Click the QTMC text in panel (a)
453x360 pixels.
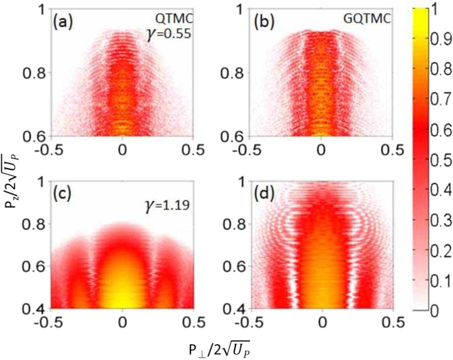point(175,18)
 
